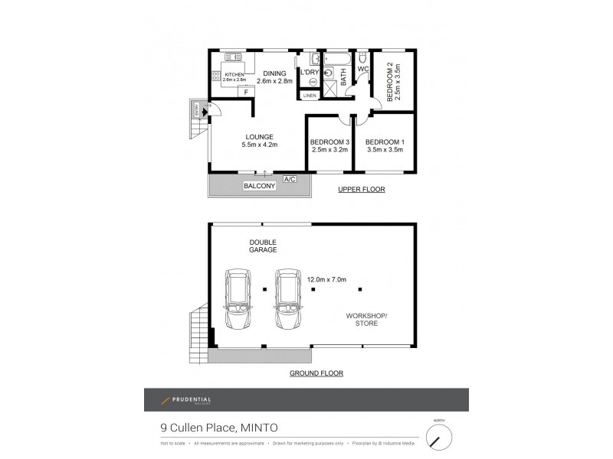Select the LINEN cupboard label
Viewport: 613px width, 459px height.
point(309,96)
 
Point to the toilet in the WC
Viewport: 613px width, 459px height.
point(362,59)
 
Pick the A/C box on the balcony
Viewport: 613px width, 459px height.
point(290,178)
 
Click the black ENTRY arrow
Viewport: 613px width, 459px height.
point(204,112)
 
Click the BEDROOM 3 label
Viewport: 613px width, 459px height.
point(330,142)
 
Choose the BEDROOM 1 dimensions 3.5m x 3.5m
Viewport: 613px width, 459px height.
point(385,150)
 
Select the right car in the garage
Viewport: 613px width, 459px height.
point(287,298)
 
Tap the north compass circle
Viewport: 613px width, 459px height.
point(439,437)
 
